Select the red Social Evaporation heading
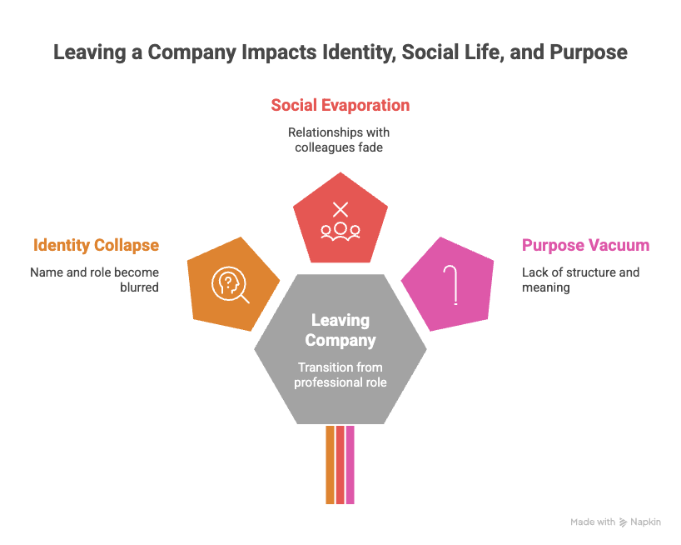340,105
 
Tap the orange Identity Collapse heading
96,246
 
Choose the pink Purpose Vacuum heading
585,245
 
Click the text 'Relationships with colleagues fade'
339,140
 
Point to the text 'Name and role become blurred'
94,280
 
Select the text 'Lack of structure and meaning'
580,280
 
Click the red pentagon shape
340,219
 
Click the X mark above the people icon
340,209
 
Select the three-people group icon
340,232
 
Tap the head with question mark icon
230,285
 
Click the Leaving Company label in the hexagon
340,330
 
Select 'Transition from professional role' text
340,375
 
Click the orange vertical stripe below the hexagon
330,465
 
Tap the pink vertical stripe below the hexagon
350,465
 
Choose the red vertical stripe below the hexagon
340,465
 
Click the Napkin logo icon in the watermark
624,522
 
